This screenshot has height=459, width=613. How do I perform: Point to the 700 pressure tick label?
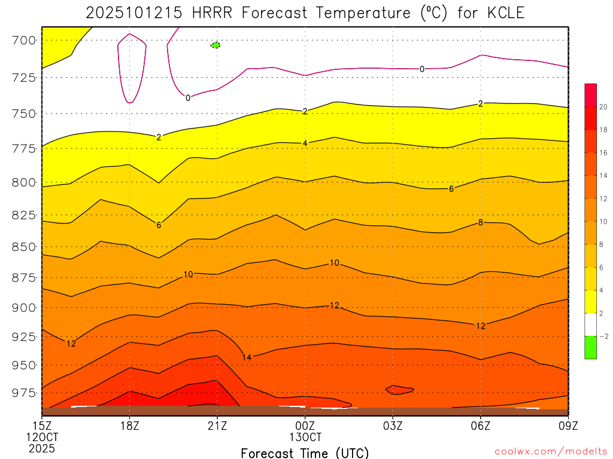[x=24, y=41]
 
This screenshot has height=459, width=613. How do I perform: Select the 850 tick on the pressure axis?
[x=24, y=246]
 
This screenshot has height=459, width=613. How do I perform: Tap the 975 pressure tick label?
[x=24, y=393]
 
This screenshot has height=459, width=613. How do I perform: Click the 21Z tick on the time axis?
[x=217, y=426]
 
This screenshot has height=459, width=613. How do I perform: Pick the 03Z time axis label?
[x=393, y=426]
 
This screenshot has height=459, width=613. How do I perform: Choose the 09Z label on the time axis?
[x=568, y=426]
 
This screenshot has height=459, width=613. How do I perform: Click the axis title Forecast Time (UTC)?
[x=305, y=452]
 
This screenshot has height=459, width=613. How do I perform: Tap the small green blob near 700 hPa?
[x=216, y=45]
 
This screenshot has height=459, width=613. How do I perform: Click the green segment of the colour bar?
[x=590, y=347]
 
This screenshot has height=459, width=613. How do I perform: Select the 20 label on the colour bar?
[x=603, y=106]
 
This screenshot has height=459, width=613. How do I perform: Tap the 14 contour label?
[x=247, y=357]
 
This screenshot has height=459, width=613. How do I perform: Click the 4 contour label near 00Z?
[x=305, y=143]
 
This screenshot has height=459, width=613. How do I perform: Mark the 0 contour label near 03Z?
[x=421, y=69]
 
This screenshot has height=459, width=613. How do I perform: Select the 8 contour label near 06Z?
[x=480, y=222]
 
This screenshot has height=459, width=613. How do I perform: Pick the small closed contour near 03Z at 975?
[x=399, y=390]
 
